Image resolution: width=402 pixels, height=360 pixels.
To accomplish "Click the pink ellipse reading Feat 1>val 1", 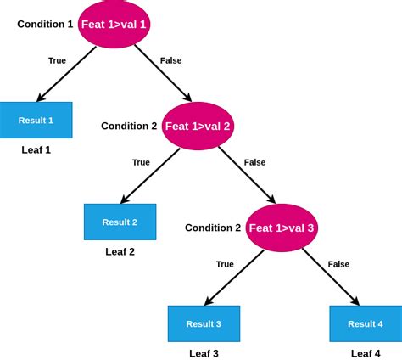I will (114, 25).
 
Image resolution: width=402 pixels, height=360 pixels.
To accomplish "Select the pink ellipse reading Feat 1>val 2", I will (198, 126).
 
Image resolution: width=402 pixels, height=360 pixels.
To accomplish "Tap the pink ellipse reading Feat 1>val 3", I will (282, 228).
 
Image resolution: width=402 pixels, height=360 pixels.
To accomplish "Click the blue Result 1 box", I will (36, 120).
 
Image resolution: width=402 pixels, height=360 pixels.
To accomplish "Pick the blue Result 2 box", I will (120, 222).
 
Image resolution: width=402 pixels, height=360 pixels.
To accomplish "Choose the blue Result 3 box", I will (204, 323).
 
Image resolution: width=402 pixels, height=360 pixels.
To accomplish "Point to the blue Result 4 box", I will (366, 323).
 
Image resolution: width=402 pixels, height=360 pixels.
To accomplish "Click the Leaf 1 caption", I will (36, 149).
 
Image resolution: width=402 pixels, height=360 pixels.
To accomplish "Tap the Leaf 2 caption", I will (120, 251).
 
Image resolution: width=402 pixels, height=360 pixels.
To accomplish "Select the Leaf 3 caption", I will (204, 353).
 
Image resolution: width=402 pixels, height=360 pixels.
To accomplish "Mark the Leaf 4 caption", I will (366, 353).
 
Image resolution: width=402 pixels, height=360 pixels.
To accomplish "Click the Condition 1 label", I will (45, 24).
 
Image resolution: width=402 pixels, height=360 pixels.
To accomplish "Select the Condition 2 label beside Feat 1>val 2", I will (129, 126).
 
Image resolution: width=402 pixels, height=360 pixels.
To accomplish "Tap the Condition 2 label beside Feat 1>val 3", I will (213, 228).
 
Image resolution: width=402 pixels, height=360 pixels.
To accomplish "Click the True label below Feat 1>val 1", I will (57, 60).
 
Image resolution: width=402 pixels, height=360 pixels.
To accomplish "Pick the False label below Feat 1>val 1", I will (170, 60).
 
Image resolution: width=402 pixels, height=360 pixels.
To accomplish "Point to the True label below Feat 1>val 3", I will (225, 264).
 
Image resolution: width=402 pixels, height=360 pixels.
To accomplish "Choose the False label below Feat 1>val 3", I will (338, 264).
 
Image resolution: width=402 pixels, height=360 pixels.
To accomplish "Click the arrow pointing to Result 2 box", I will (150, 176).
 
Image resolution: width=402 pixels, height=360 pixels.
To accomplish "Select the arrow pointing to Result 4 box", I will (331, 277).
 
